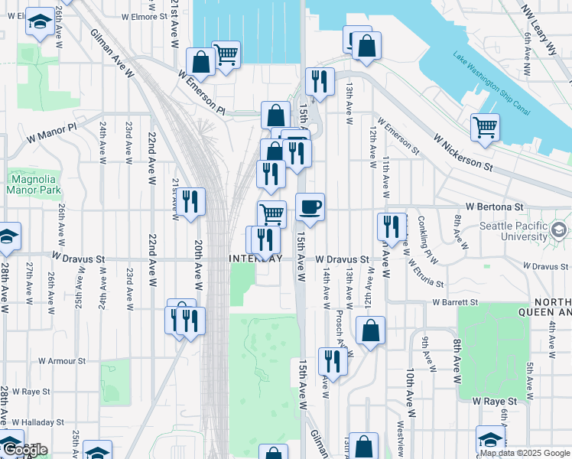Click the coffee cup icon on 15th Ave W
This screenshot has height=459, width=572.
point(310,207)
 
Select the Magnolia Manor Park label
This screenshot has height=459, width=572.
point(33,184)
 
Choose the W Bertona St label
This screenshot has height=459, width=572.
point(494,207)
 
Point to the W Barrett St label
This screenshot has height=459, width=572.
point(454,302)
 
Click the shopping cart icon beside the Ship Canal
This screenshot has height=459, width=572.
point(486,127)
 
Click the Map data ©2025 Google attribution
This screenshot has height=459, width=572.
point(524,453)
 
